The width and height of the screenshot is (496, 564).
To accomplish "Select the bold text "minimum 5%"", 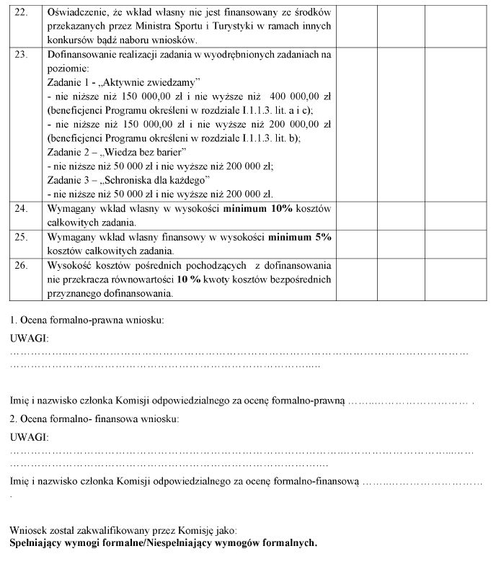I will [299, 237].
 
